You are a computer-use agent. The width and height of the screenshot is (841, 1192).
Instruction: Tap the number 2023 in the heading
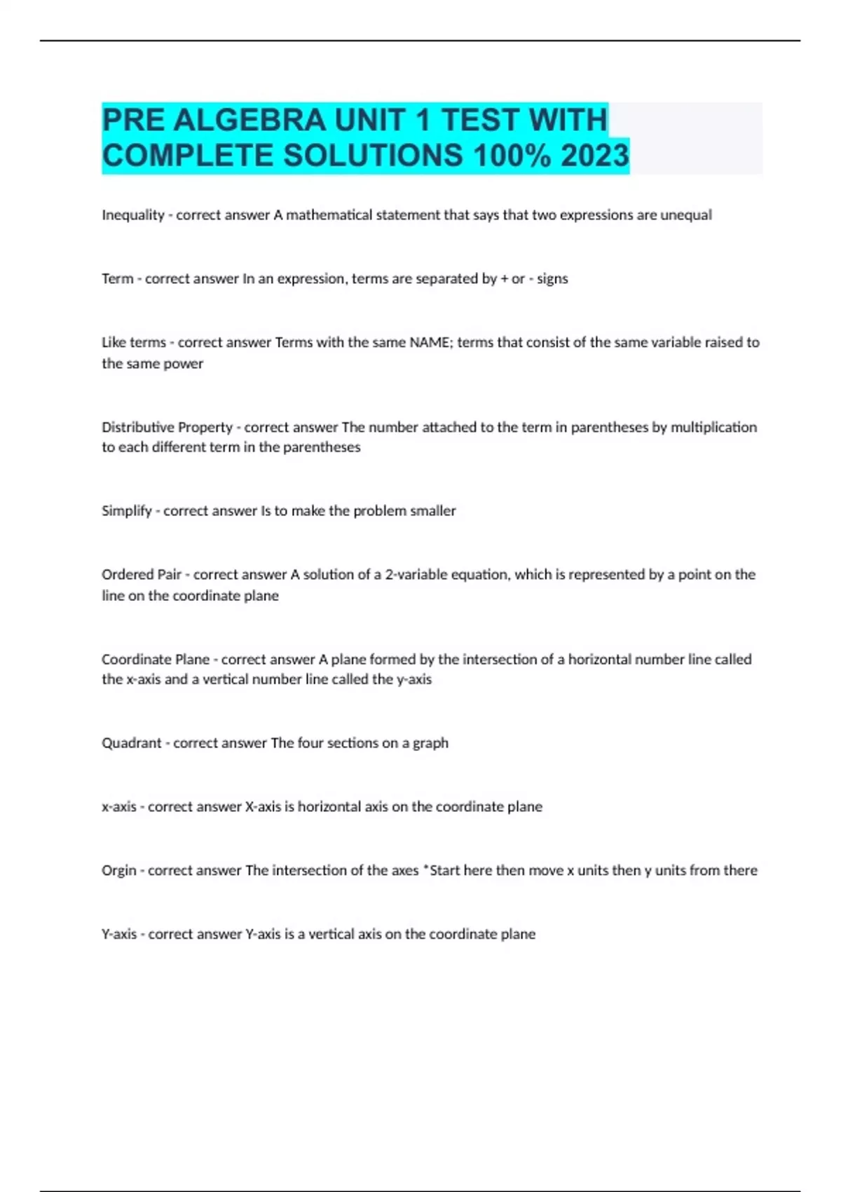594,156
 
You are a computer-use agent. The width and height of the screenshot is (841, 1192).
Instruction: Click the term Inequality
132,215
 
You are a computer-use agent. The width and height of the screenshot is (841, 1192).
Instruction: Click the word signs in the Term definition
552,279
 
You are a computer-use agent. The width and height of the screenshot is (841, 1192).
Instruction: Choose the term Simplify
126,511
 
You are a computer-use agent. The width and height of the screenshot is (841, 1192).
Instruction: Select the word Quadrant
131,743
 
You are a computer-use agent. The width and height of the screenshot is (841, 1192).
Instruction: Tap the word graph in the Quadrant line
430,743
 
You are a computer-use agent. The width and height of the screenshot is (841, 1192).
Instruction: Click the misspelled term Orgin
118,871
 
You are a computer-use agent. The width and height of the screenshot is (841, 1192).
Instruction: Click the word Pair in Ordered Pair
170,575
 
